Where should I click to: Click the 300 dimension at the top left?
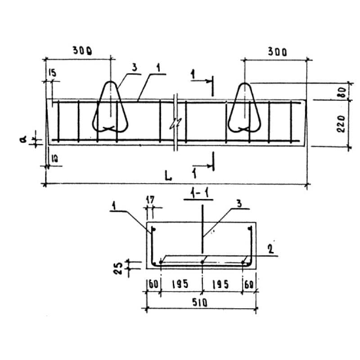(82, 50)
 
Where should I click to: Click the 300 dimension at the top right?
(277, 52)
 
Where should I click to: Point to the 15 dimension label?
(52, 73)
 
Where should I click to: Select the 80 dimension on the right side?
(343, 92)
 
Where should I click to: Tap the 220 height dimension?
(342, 124)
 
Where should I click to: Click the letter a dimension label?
(23, 139)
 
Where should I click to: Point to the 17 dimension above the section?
(150, 199)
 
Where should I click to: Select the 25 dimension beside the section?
(119, 268)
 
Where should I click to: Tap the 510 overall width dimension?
(200, 302)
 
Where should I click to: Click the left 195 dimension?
(180, 284)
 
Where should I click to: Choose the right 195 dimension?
(220, 284)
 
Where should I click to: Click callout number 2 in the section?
(271, 249)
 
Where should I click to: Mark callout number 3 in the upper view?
(134, 67)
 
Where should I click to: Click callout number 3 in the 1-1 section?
(239, 203)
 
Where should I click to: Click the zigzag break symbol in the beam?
(175, 124)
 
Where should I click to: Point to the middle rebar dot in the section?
(202, 262)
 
